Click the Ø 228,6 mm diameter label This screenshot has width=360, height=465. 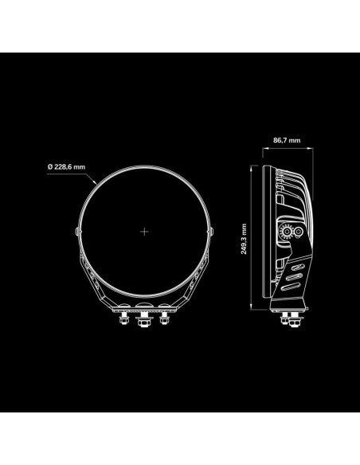point(66,167)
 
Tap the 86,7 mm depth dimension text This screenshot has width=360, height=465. point(287,140)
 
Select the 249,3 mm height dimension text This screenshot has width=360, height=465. point(244,239)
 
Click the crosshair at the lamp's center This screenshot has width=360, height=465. point(144,232)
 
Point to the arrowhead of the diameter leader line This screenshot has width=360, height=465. point(95,182)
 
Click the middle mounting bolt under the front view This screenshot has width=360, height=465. point(144,320)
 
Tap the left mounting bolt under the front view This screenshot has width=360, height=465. point(123,318)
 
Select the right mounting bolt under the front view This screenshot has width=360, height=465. point(164,318)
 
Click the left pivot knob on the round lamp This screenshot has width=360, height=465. point(77,232)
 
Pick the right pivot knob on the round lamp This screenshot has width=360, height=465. point(212,232)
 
